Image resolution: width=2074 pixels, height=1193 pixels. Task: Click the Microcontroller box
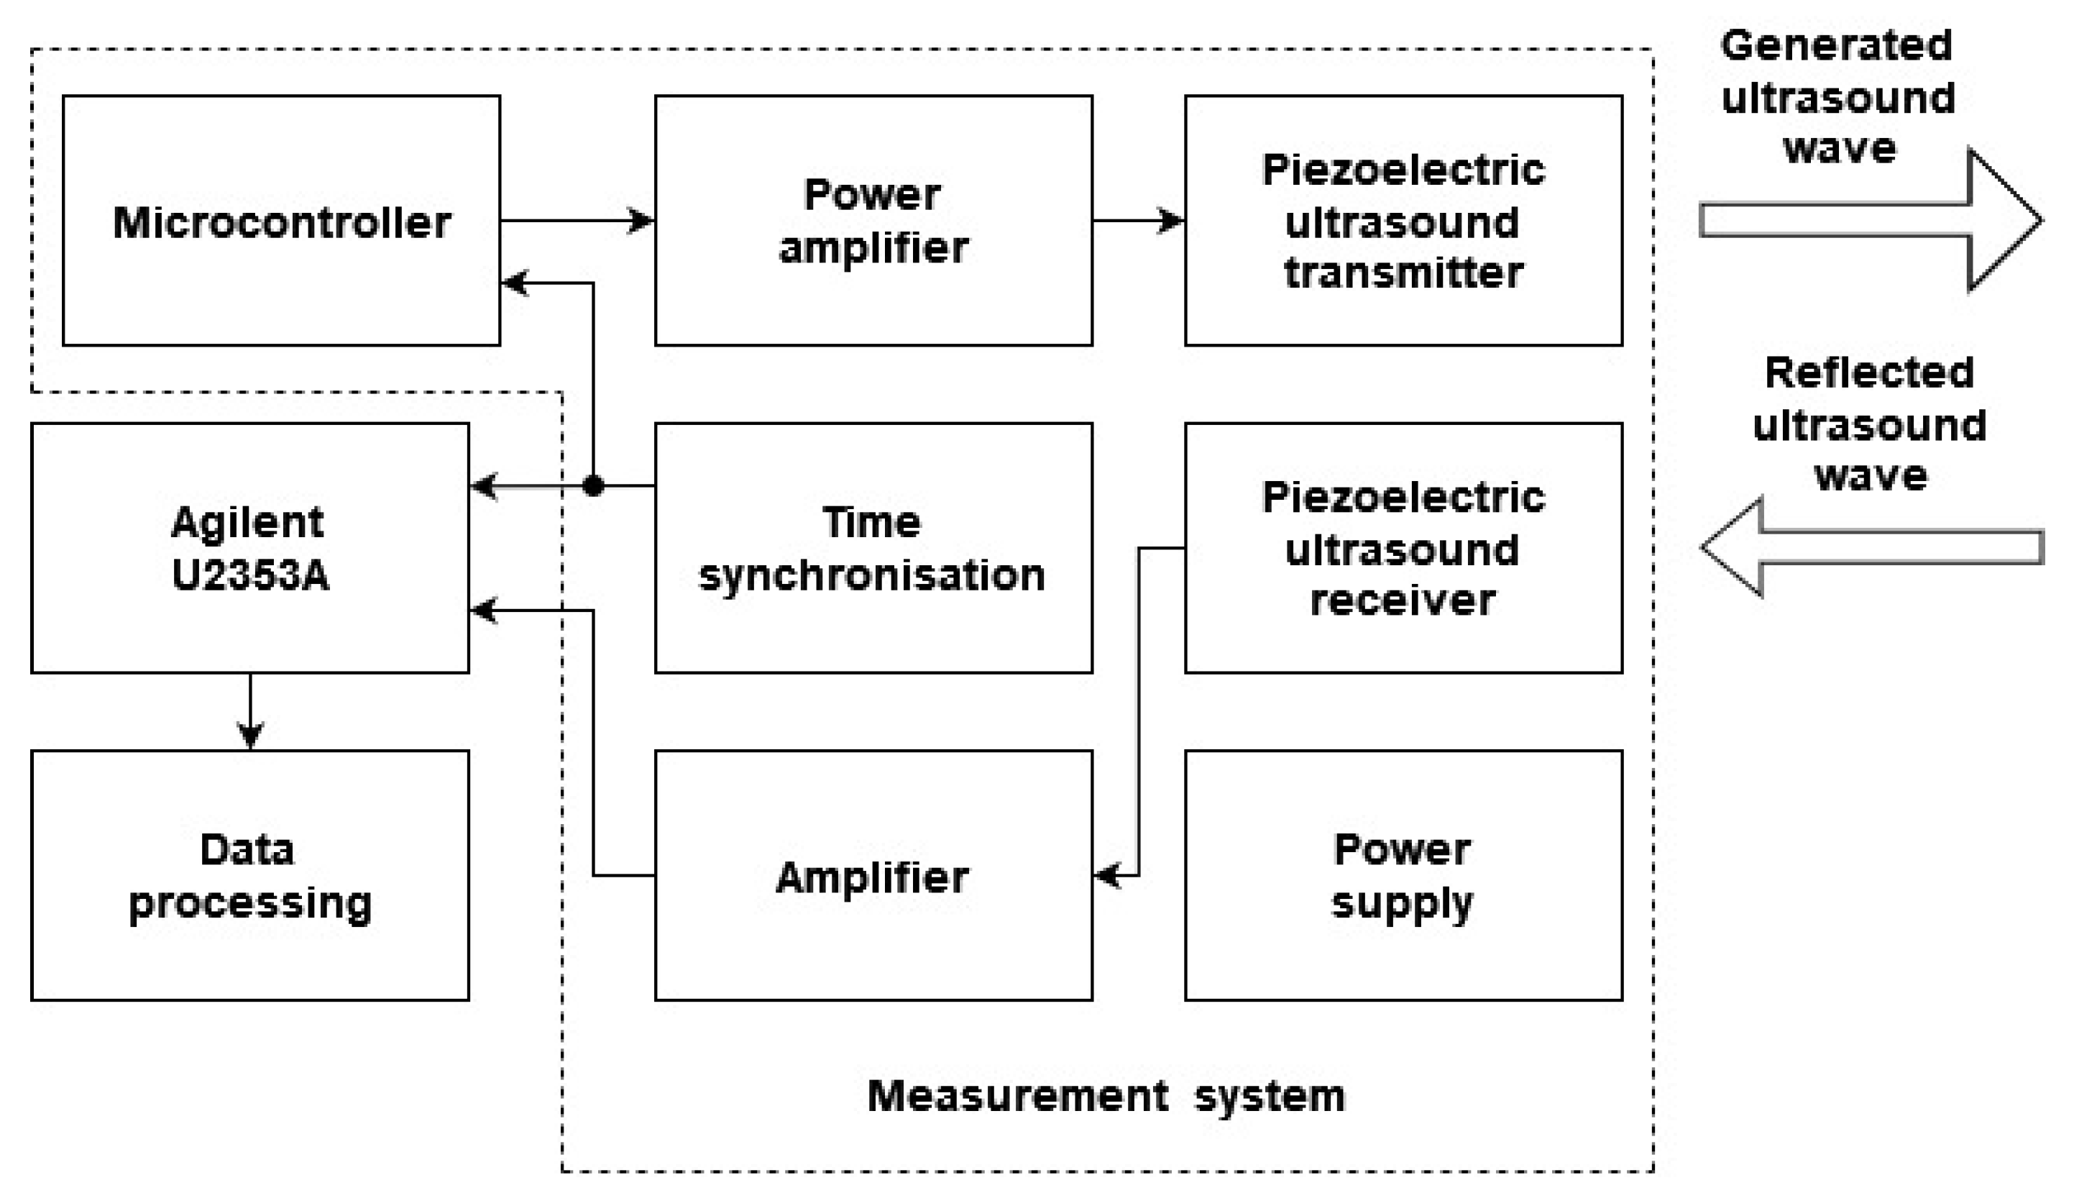tap(281, 221)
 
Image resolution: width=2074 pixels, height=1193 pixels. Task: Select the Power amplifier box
tap(873, 221)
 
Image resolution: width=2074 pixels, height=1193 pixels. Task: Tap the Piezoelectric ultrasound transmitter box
tap(1403, 221)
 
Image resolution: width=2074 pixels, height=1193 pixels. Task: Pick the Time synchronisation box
tap(873, 547)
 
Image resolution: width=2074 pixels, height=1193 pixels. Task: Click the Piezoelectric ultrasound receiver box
tap(1403, 547)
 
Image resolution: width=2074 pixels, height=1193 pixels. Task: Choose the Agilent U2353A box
tap(250, 547)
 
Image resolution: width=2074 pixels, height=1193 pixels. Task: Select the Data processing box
tap(250, 875)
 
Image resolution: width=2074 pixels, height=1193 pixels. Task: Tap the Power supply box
tap(1403, 875)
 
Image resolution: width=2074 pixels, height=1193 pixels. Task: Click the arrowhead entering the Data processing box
tap(250, 735)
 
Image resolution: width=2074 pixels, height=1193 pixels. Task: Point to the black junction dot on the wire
tap(593, 486)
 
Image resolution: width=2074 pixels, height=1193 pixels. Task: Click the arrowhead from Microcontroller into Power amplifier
tap(641, 221)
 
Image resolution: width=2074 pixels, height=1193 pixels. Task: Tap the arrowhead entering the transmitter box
tap(1170, 221)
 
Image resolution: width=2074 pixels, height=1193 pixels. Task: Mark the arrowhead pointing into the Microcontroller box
tap(515, 283)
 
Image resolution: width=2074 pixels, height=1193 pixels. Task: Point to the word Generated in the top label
tap(1837, 45)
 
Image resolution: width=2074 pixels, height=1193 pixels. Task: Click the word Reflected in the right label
tap(1869, 372)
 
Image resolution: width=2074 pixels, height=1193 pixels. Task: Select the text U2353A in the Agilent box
tap(250, 575)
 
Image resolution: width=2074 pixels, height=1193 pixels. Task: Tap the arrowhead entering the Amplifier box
tap(1107, 875)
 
